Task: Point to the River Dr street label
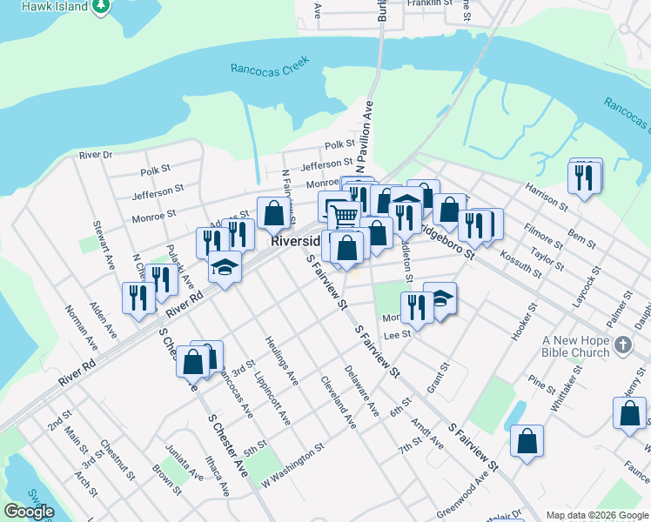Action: tap(96, 155)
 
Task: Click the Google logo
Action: tap(29, 512)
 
